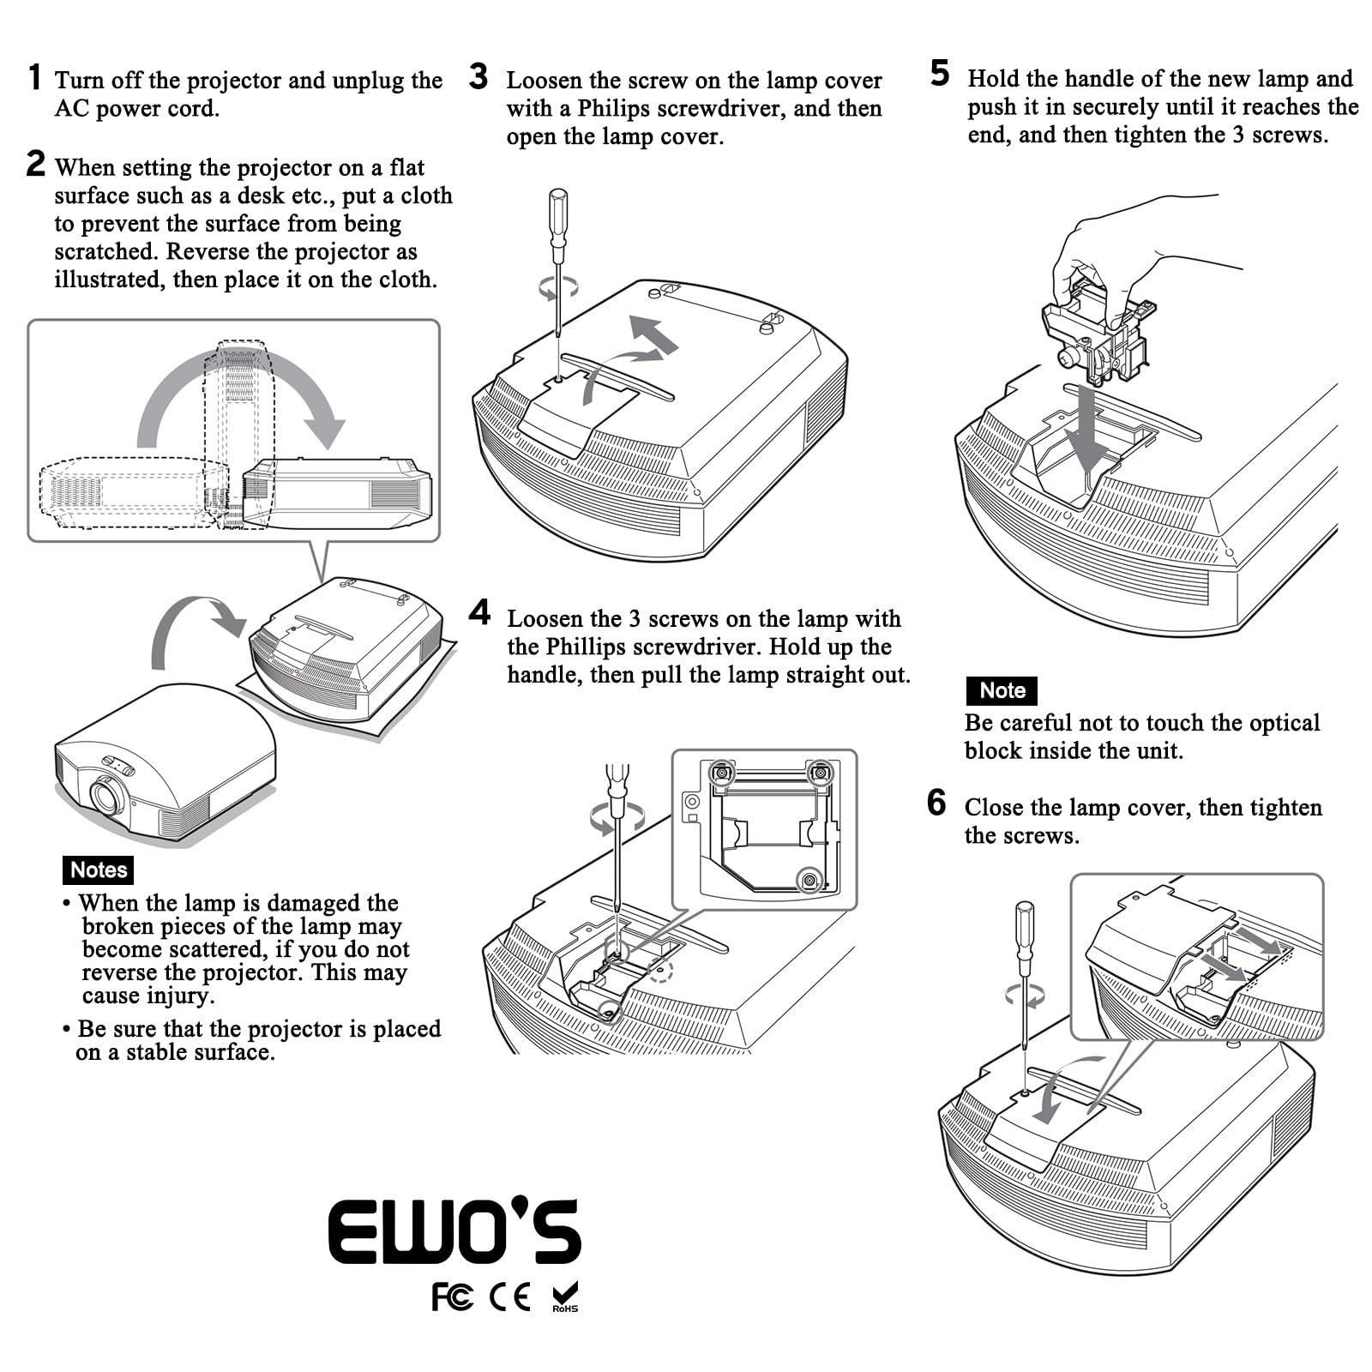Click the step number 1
34,77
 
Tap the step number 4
480,613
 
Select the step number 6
936,803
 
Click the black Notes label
99,870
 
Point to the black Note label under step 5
1002,690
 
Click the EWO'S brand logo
454,1231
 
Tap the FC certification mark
452,1297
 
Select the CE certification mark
509,1297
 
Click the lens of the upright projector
106,797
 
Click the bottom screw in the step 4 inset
809,880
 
